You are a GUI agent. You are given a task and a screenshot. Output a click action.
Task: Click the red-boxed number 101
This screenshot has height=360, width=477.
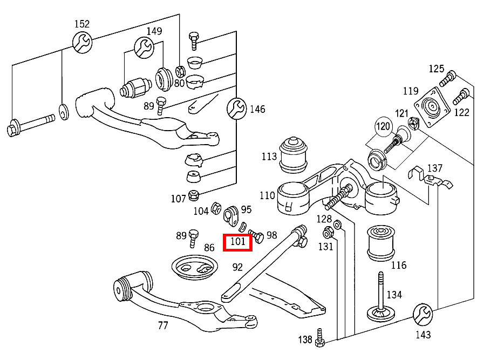coord(238,242)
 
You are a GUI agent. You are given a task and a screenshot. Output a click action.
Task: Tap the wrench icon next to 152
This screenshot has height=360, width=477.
coord(82,42)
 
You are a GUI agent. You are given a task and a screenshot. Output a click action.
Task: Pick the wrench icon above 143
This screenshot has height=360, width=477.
coord(423,314)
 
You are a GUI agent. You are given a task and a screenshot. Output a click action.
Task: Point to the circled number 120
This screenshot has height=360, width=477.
coord(383,127)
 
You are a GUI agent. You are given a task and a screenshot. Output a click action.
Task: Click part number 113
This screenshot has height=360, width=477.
coord(269,157)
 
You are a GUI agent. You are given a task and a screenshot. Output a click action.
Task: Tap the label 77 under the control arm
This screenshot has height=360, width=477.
coord(163,325)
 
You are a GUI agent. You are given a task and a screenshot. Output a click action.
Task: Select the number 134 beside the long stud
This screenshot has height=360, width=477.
coord(394,295)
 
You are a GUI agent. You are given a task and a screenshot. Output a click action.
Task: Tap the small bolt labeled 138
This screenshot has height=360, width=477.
coord(321,337)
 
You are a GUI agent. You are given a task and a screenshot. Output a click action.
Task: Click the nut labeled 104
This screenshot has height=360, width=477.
coord(215,207)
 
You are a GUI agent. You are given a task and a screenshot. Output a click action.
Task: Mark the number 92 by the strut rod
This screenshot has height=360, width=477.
coord(238,266)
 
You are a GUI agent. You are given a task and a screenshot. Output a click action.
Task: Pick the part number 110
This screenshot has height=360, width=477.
coord(267,195)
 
